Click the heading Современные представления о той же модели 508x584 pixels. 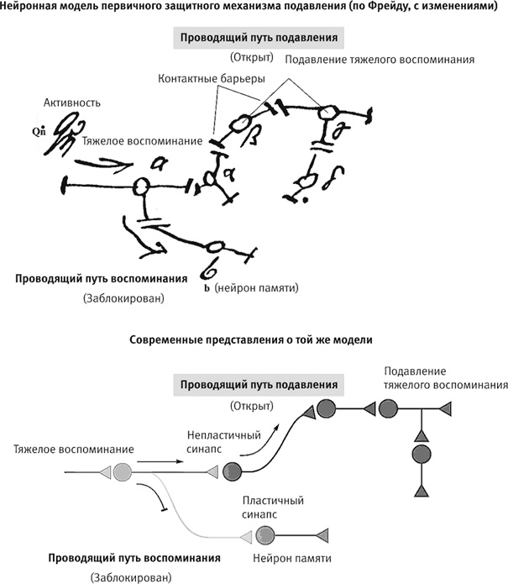click(x=252, y=340)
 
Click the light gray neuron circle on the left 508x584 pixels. click(x=123, y=471)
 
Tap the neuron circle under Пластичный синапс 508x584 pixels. click(x=266, y=532)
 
